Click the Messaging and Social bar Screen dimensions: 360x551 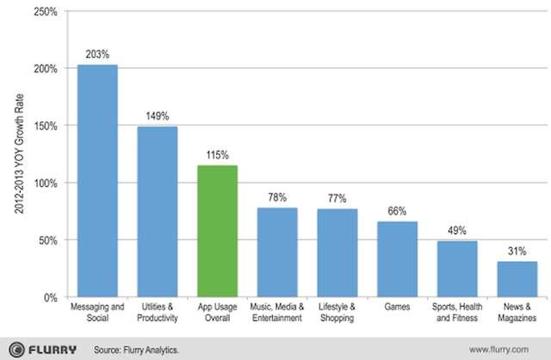coord(97,181)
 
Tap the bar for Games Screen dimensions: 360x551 coord(397,259)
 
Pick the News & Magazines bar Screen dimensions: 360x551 coord(517,279)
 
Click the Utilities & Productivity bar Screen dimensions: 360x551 coord(158,212)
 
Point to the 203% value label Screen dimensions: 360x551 coord(97,53)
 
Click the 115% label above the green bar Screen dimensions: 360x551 coord(218,155)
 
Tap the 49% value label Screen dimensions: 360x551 coord(457,230)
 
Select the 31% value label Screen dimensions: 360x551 coord(517,251)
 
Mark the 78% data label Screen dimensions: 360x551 coord(277,197)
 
